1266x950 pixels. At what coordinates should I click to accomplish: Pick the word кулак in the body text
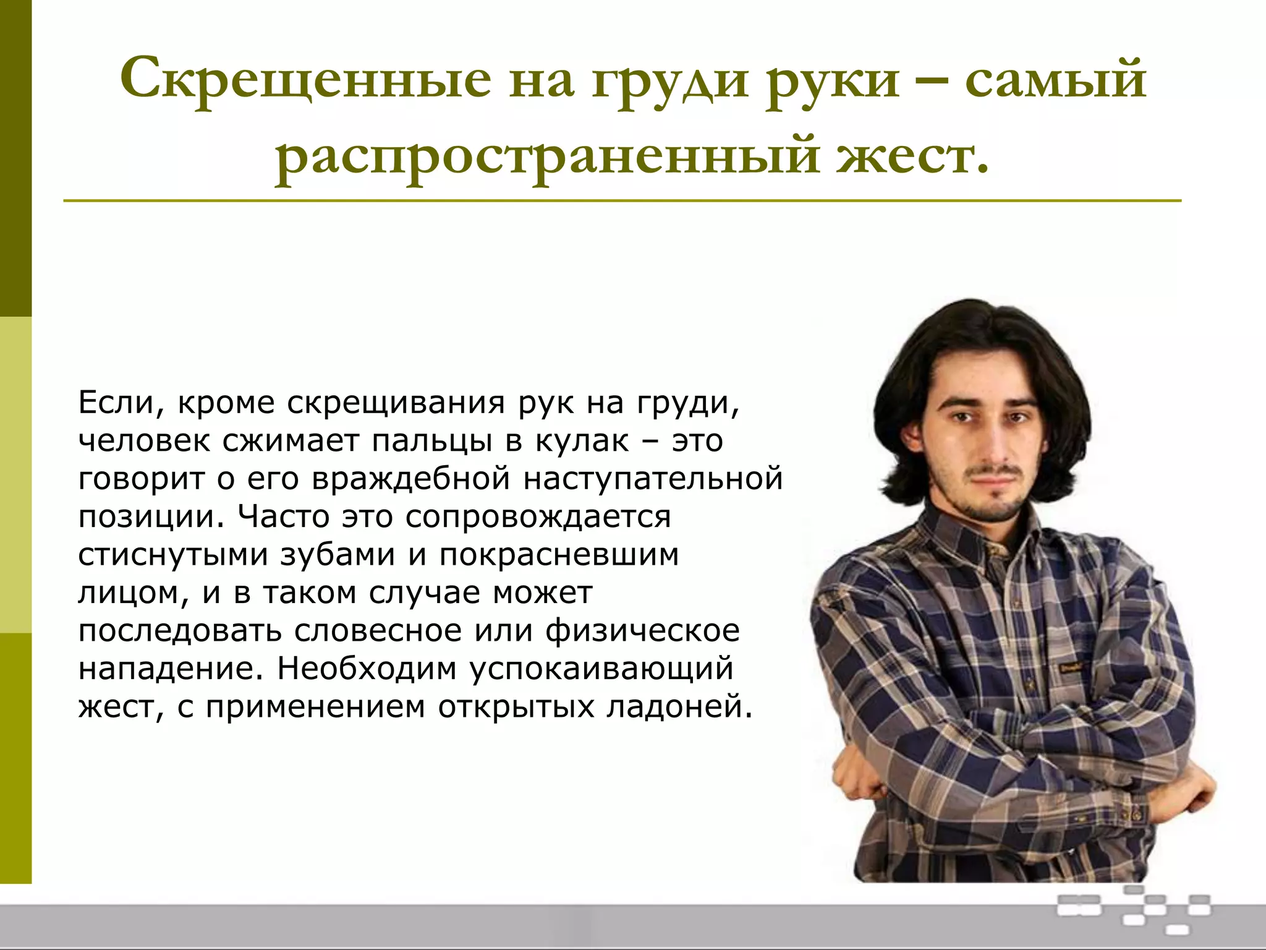(582, 441)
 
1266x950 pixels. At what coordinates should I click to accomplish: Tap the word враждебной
(411, 479)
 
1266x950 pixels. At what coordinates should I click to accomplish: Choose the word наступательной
(653, 479)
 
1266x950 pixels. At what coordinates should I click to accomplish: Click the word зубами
(338, 555)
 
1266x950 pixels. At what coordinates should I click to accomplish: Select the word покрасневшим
(559, 555)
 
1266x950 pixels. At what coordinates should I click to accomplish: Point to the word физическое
(642, 631)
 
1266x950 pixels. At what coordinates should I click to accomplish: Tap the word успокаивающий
(601, 670)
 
